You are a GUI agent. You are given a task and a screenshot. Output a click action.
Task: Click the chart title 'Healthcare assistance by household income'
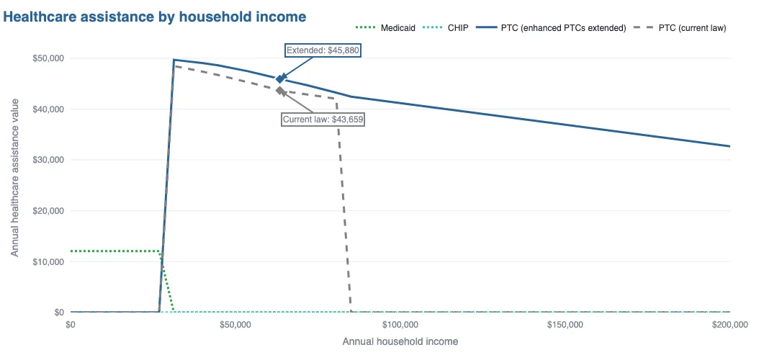(155, 16)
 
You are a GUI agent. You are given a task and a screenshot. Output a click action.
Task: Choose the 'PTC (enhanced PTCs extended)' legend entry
(563, 28)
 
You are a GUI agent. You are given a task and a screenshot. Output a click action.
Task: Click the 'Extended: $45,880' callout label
(323, 50)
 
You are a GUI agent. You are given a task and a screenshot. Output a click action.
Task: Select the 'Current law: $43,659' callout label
(323, 120)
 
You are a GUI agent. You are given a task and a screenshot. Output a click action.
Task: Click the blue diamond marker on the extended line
(280, 78)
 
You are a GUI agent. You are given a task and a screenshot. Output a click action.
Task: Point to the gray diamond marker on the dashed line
(280, 90)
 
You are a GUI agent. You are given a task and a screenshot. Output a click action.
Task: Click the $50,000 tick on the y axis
(48, 58)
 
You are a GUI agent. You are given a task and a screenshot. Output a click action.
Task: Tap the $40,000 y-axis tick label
(48, 109)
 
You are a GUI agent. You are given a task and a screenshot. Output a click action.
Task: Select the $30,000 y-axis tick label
(48, 160)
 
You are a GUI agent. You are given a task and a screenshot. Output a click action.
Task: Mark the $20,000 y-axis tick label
(48, 211)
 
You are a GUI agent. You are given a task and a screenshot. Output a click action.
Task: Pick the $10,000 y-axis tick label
(48, 262)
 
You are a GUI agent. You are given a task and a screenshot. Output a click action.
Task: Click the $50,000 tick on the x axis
(235, 325)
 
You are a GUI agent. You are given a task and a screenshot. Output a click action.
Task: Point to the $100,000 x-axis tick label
(400, 325)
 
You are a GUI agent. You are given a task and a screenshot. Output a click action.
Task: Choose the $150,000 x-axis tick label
(565, 325)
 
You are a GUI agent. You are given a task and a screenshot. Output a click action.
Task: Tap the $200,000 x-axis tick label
(729, 325)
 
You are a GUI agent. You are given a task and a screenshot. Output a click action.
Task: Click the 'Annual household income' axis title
(400, 341)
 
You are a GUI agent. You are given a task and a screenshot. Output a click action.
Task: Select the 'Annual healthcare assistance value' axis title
(15, 185)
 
